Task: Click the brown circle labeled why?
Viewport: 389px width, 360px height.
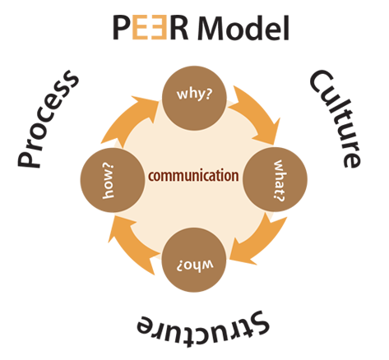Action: (x=194, y=92)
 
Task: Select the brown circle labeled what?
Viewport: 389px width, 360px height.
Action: (x=276, y=175)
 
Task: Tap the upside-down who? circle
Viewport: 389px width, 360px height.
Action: (x=194, y=260)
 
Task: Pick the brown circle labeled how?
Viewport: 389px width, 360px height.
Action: (x=110, y=176)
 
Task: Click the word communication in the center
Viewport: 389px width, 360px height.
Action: (x=194, y=175)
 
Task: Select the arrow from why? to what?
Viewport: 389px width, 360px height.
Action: (x=255, y=111)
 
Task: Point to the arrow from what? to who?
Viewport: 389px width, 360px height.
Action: (x=257, y=238)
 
